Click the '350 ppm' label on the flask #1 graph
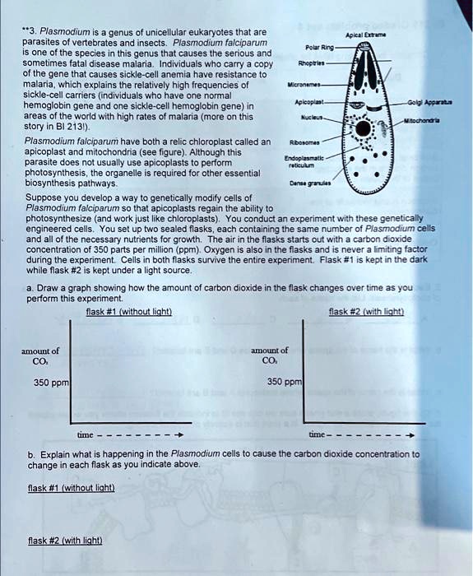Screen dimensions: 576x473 coord(51,382)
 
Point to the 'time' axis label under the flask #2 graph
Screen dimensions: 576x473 coord(317,435)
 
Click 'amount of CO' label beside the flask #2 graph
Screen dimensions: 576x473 coord(269,355)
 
